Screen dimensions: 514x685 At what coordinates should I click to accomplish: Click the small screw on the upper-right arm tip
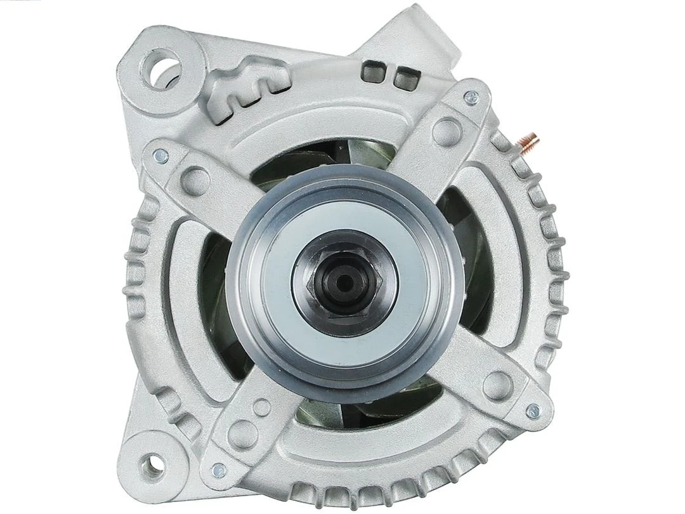coord(471,96)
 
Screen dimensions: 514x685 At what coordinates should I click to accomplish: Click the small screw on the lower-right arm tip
coord(533,411)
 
